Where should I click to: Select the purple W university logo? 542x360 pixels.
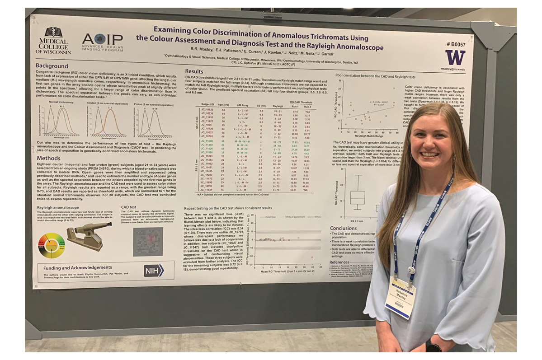(455, 57)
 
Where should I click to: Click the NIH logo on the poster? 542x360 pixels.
(154, 270)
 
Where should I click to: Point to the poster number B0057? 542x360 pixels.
(456, 44)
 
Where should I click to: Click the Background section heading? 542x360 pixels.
(52, 66)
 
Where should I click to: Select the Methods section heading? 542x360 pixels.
(48, 158)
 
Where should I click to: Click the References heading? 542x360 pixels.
(339, 262)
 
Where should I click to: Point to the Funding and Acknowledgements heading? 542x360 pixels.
(77, 267)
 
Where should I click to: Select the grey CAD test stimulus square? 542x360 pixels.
(147, 241)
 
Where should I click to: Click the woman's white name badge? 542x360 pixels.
(401, 298)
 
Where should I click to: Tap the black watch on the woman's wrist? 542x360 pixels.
(433, 347)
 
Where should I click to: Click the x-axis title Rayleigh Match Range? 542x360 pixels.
(368, 136)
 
